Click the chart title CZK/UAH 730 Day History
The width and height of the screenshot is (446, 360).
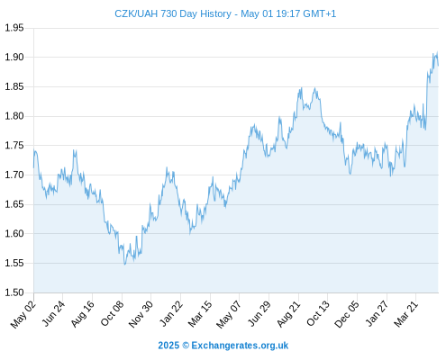coord(173,13)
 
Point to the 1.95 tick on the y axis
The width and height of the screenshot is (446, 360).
coord(14,28)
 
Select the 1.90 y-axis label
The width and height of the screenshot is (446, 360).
coord(14,57)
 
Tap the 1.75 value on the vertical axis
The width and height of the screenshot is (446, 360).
coord(14,146)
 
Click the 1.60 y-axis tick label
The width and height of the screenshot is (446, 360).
coord(14,233)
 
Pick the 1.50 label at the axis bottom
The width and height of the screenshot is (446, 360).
coord(14,292)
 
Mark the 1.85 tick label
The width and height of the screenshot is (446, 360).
coord(14,86)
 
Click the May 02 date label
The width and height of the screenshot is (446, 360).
coord(23,314)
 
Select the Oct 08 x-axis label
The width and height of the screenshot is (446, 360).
coord(112,314)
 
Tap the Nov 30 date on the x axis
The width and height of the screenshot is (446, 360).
coord(141,314)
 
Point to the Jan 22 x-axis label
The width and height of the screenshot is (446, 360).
coord(170,314)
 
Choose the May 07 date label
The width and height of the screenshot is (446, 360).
coord(229,314)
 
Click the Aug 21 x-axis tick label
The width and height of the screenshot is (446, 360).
coord(288,314)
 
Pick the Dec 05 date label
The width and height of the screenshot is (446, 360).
coord(346,314)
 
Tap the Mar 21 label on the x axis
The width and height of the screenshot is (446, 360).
coord(405,314)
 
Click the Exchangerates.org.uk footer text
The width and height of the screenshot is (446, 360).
coord(240,346)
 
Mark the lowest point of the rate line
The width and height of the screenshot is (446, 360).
coord(125,265)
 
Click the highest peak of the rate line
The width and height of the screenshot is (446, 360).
coord(437,52)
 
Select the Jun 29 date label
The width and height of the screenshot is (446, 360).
coord(259,314)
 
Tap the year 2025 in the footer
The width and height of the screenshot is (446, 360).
coord(168,346)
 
